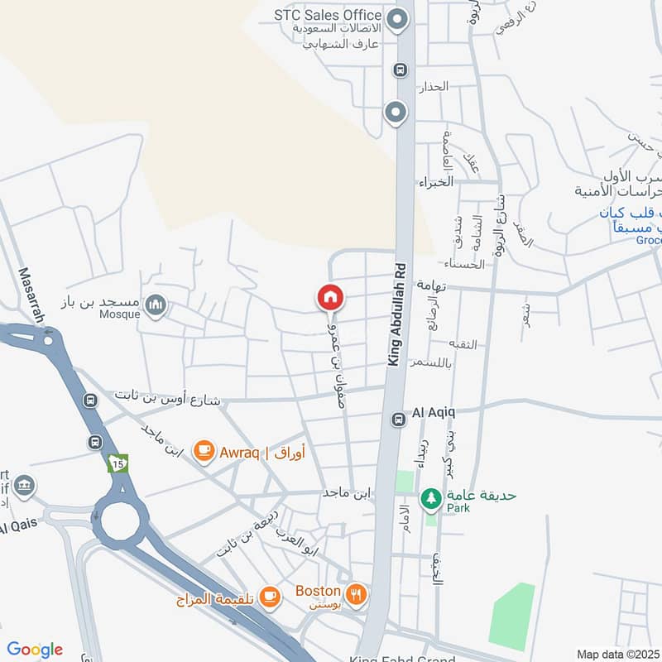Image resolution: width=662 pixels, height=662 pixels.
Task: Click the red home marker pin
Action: click(x=330, y=297)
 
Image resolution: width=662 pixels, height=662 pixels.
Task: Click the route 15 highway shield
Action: click(x=118, y=463)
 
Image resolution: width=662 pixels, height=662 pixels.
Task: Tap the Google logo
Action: click(x=35, y=650)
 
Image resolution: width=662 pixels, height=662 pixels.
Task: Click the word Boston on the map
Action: click(x=318, y=591)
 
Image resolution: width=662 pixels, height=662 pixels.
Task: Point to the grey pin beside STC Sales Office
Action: click(x=399, y=17)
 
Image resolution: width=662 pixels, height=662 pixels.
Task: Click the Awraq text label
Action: click(x=240, y=453)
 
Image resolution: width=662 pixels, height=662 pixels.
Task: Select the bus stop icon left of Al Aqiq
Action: click(x=399, y=420)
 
